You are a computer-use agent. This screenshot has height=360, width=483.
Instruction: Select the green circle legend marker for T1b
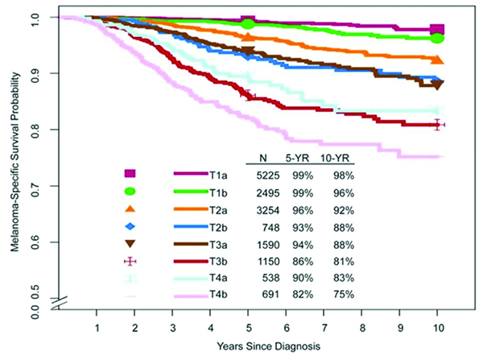(x=130, y=192)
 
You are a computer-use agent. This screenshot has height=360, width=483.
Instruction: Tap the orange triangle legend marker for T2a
(x=130, y=209)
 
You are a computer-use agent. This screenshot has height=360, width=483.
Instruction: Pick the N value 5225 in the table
(x=265, y=174)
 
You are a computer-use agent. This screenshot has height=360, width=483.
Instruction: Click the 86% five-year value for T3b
(x=301, y=261)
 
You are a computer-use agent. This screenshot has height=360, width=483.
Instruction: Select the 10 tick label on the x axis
(x=437, y=328)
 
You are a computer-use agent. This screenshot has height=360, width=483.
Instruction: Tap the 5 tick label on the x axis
(x=249, y=328)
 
